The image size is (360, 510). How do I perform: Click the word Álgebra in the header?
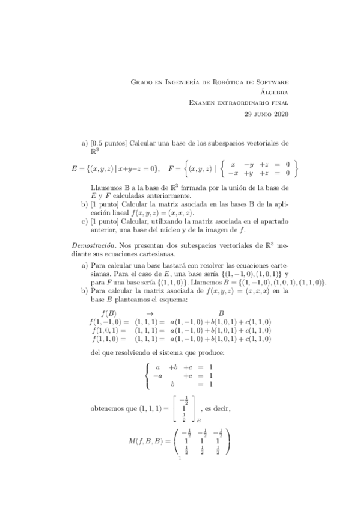click(276, 92)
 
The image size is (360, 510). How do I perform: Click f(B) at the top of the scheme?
click(109, 313)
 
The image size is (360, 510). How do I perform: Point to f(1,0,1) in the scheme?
click(110, 330)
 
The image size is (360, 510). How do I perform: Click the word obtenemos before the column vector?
click(108, 409)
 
